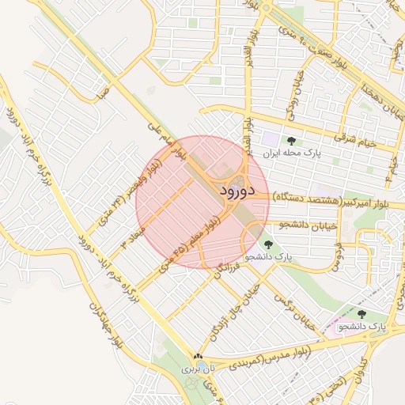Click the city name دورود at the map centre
233,191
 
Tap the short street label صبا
103,93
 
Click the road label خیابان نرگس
295,311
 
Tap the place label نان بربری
198,369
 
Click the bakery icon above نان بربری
198,357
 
